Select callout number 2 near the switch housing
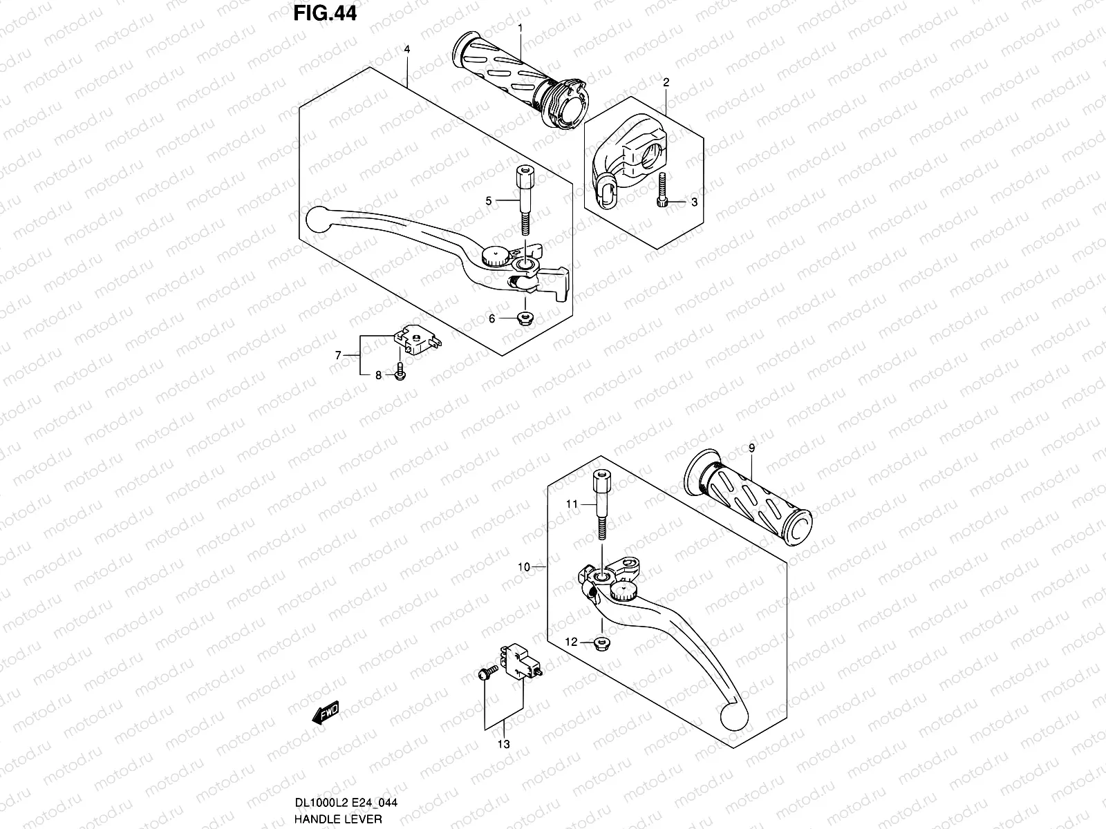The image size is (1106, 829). coord(666,82)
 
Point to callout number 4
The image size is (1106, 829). coord(408,49)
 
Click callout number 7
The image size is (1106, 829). coord(339,356)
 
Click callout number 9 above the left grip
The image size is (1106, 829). coord(752,448)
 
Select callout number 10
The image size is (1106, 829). coord(523,567)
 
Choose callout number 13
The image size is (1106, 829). coord(503,744)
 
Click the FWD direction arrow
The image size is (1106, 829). coord(326,712)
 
